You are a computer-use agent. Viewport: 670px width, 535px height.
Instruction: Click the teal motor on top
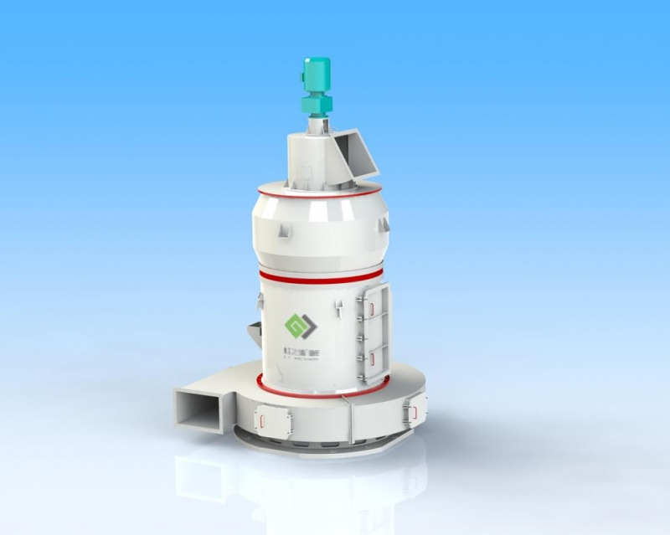pos(317,76)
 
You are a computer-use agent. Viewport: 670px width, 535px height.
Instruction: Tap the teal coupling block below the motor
pos(317,105)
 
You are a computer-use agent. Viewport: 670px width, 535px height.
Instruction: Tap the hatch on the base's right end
pos(411,411)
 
